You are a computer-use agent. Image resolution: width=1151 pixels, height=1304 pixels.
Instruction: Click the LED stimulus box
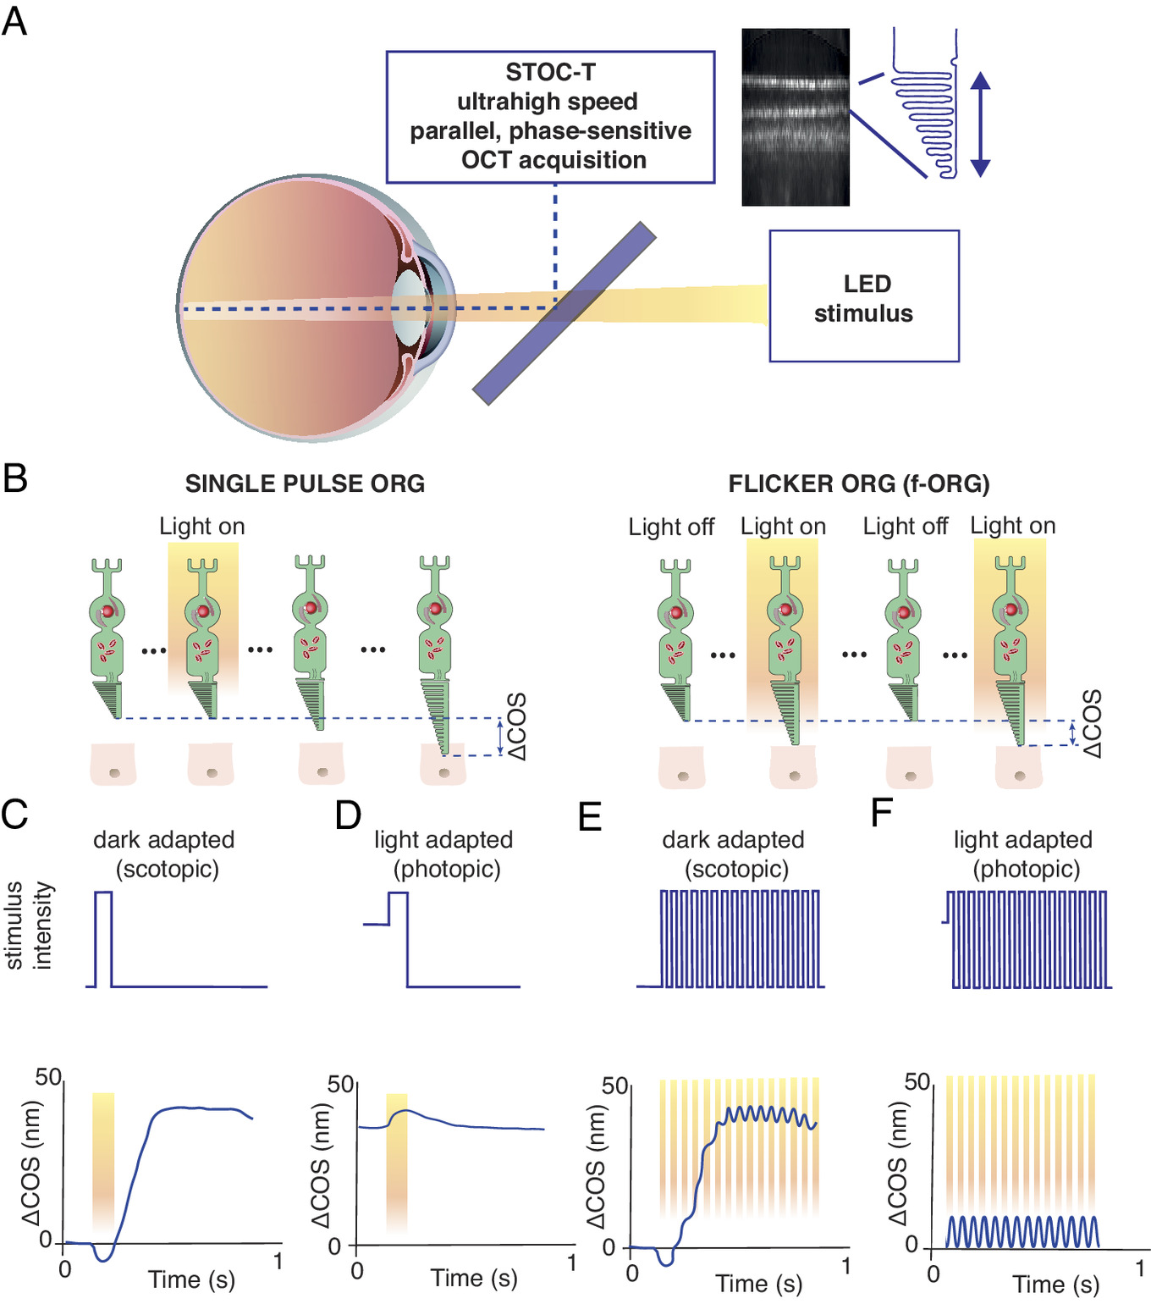coord(863,296)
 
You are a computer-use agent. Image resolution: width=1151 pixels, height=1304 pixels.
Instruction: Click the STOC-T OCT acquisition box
coord(550,117)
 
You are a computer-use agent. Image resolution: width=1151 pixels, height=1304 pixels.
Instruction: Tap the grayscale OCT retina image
coord(795,117)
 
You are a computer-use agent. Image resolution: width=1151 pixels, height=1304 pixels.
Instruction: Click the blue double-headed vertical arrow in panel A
coord(979,124)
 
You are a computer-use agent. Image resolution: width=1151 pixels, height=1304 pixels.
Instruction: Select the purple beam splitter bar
coord(564,313)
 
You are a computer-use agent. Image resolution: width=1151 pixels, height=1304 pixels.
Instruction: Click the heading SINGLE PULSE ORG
coord(305,483)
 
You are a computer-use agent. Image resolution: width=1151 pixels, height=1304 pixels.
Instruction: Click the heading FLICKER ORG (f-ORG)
coord(858,483)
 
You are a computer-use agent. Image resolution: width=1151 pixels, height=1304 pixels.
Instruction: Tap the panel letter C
coord(15,815)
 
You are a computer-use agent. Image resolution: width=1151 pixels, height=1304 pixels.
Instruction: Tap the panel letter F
coord(882,813)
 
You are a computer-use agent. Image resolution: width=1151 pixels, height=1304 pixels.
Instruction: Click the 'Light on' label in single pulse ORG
coord(202,527)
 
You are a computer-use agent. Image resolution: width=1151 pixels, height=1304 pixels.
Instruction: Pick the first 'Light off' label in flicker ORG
coord(671,528)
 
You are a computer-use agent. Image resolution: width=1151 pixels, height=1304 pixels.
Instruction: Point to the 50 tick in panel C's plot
coord(48,1077)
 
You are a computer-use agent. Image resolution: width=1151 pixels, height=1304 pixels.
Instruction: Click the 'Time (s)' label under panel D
coord(474,1278)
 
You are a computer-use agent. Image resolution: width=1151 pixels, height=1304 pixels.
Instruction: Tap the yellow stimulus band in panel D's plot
coord(397,1160)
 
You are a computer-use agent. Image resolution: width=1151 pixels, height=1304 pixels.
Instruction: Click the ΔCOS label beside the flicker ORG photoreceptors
coord(1093,723)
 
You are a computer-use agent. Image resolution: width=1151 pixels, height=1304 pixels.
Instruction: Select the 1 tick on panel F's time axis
coord(1140,1268)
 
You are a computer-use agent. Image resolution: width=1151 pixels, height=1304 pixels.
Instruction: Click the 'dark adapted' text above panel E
coord(733,840)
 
